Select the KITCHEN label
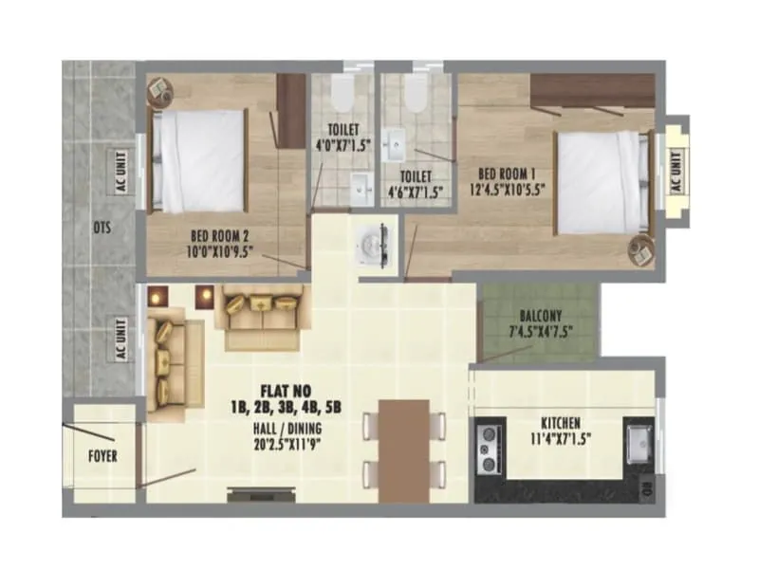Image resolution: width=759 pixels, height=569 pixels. pos(561,422)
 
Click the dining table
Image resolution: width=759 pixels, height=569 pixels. pos(405,450)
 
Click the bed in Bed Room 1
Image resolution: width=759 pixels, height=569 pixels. pos(601,180)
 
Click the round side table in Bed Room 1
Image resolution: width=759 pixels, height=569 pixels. pos(642,251)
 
